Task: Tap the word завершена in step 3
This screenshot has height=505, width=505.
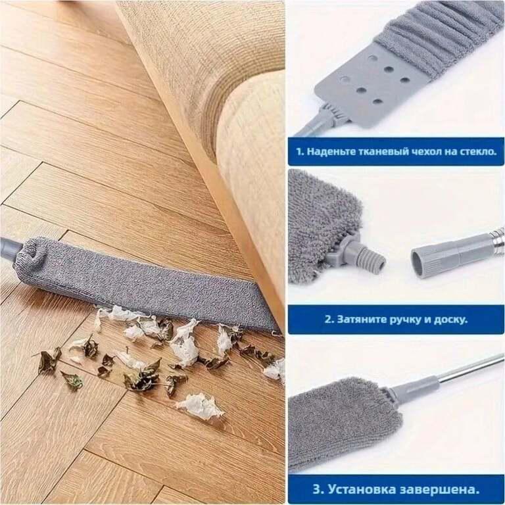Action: (x=439, y=489)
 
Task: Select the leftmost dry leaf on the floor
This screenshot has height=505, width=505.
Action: (x=47, y=360)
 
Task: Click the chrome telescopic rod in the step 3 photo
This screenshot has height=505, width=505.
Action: (x=471, y=370)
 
